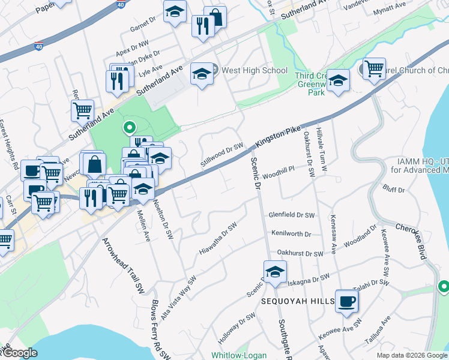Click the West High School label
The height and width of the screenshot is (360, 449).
(x=255, y=71)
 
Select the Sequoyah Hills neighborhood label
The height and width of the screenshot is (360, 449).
(x=297, y=301)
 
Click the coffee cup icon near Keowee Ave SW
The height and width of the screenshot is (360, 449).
(x=347, y=301)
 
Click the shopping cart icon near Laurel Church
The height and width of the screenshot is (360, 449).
(x=374, y=69)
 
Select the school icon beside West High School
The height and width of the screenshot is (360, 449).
(x=202, y=74)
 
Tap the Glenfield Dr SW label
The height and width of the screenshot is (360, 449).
(x=291, y=214)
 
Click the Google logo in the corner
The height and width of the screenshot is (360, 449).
(x=19, y=353)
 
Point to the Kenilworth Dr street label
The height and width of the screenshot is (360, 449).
(x=291, y=234)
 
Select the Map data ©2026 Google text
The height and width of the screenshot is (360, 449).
(x=412, y=355)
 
